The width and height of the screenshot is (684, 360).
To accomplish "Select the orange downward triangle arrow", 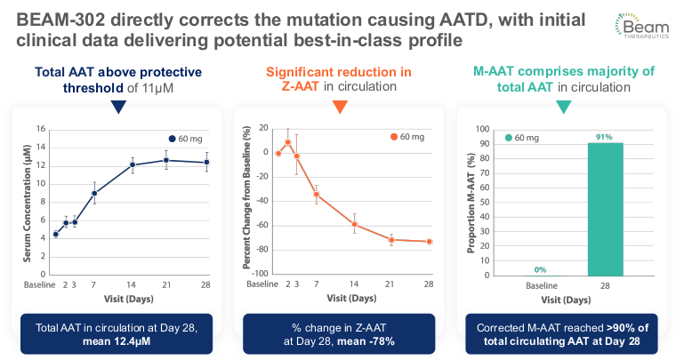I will point(339,106).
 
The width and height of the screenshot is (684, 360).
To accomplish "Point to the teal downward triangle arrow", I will point(562,106).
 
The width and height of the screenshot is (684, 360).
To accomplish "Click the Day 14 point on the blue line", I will point(133,164).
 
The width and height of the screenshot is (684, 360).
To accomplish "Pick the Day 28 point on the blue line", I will point(206,162).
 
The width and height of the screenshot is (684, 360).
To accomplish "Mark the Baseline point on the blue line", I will point(55,234).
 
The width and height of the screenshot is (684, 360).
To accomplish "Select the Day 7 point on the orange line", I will point(316,194).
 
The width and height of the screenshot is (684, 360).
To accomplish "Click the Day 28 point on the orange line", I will point(429,242).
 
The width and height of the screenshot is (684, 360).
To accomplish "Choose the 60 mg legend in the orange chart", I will point(406,136).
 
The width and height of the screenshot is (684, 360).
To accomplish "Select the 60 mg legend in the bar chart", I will point(525,137).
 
